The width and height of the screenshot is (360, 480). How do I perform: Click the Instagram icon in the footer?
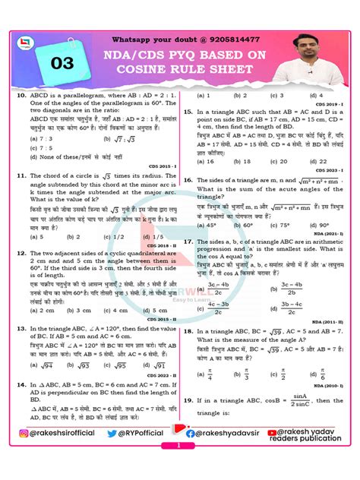[x=21, y=453]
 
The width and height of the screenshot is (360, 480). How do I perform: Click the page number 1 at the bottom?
[x=180, y=469]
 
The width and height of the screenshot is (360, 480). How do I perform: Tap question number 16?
[x=190, y=180]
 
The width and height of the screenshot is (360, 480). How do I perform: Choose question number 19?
[x=190, y=399]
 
